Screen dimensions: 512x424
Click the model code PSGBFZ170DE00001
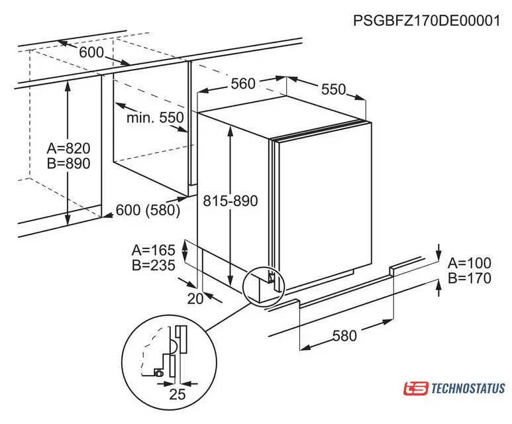(x=427, y=21)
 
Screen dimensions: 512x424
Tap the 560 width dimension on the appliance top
(x=243, y=84)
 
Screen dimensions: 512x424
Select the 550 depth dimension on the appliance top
(x=333, y=89)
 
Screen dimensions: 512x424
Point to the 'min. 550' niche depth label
(x=155, y=118)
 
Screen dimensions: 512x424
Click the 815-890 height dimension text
(x=230, y=201)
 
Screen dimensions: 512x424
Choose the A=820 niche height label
(x=69, y=148)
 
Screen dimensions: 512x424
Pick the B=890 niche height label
(x=69, y=164)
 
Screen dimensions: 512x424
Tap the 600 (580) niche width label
(x=148, y=210)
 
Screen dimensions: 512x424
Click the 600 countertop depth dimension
(x=91, y=52)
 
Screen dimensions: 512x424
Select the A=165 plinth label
(x=154, y=250)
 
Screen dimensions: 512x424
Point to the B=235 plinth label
(x=154, y=265)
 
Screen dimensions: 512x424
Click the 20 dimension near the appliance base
(x=195, y=299)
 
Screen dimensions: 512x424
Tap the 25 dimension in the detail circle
(x=178, y=394)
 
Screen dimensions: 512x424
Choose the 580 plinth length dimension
(x=344, y=336)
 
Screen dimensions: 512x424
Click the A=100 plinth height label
(x=470, y=263)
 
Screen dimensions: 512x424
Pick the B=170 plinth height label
(x=470, y=278)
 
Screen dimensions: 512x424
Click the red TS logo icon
(x=415, y=388)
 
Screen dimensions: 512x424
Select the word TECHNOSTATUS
(x=468, y=389)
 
